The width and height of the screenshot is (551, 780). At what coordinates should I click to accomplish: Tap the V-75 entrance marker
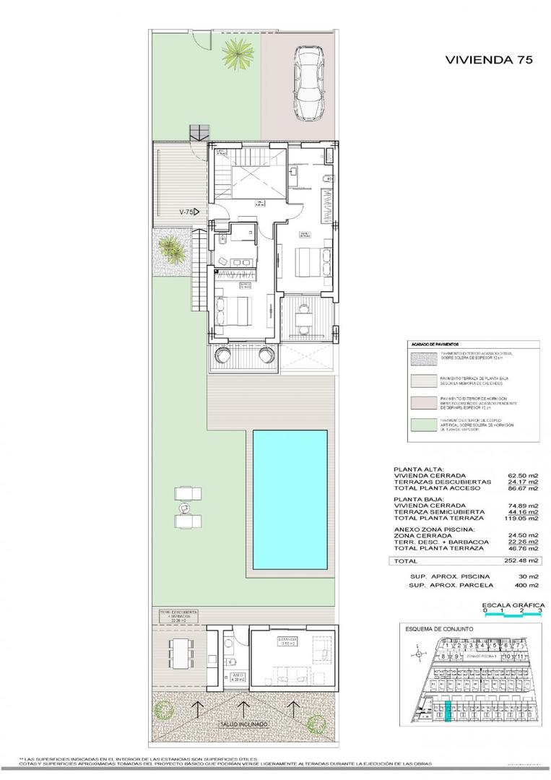tap(189, 212)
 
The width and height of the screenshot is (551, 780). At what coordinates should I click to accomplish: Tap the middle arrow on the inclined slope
tap(243, 709)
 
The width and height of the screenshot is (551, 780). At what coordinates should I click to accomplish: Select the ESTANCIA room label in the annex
tap(289, 641)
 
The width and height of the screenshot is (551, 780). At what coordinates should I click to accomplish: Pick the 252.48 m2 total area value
tap(521, 560)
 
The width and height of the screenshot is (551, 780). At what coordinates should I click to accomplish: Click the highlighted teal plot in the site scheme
tap(448, 711)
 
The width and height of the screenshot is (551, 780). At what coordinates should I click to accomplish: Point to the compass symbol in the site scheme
tap(418, 654)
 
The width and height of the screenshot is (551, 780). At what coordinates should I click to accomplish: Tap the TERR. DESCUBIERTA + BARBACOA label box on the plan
tap(178, 615)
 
